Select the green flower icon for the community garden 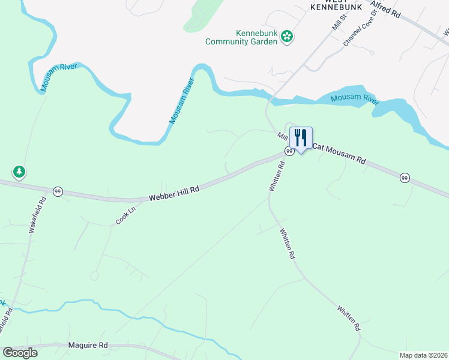(288, 37)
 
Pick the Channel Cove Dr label (359, 34)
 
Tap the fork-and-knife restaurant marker (301, 138)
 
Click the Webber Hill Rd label (173, 193)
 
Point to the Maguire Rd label (88, 345)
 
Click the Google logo (20, 353)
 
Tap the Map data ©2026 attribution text (424, 355)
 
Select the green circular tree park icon (19, 173)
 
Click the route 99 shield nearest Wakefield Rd (58, 191)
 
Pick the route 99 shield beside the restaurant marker (289, 152)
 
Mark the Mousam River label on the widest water (355, 98)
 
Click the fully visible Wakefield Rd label (37, 216)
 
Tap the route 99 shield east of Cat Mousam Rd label (405, 178)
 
